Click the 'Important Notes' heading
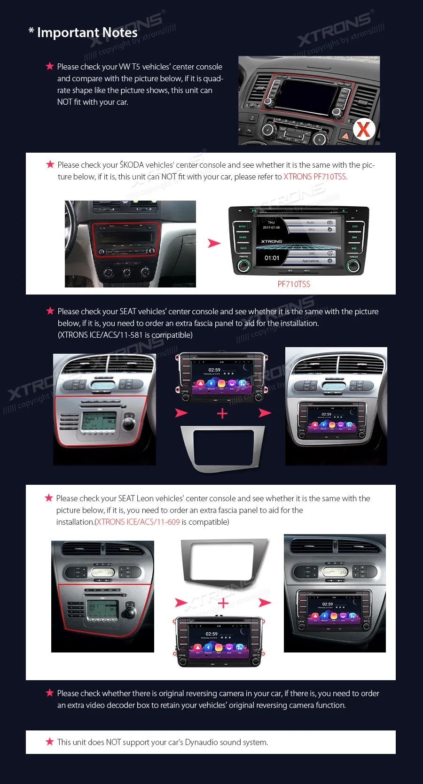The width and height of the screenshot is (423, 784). pos(87,32)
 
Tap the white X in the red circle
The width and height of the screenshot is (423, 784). pos(364,130)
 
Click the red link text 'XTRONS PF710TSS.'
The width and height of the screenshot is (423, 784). pos(315,177)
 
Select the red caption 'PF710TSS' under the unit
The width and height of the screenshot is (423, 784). pos(294,284)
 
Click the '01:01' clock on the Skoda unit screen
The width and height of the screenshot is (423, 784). pos(272,258)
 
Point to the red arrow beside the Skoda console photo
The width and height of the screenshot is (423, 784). pos(214,243)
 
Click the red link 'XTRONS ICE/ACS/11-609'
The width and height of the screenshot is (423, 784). pos(138,522)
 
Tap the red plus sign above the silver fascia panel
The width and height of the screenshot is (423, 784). pos(222,413)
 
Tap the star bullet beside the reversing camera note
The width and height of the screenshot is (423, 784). pos(50,693)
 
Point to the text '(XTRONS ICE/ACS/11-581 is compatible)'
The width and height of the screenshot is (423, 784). pos(125,335)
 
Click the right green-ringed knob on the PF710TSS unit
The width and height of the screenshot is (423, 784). pos(353,266)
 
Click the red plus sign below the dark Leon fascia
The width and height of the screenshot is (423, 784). pos(223,603)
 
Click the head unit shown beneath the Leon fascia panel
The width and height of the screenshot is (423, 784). pos(219,641)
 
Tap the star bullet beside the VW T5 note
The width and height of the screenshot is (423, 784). pos(50,66)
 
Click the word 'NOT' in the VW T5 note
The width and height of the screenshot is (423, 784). pos(64,102)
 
